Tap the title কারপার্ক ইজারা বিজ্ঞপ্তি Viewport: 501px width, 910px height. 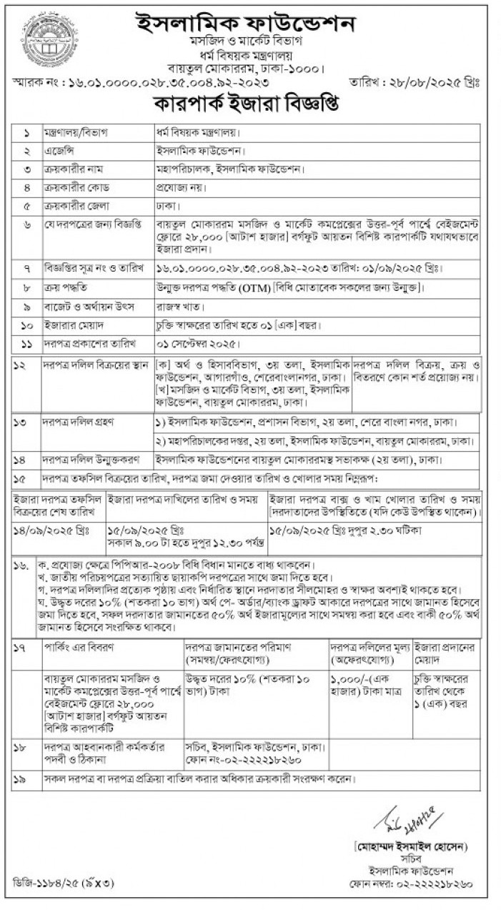[247, 105]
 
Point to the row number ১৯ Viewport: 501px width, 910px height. [23, 778]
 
